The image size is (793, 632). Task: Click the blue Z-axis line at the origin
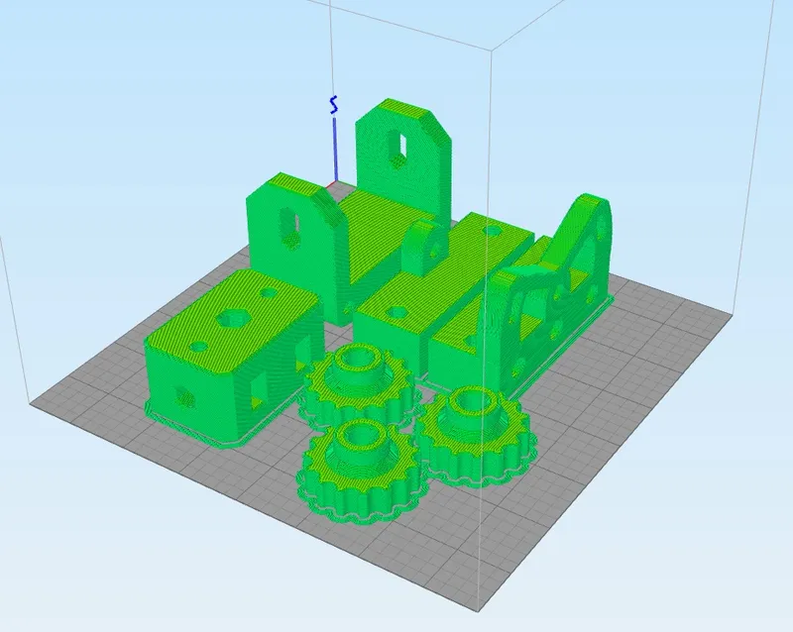[x=335, y=149]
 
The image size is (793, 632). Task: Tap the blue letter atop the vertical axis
[x=335, y=103]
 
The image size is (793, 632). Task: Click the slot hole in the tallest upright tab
[x=401, y=145]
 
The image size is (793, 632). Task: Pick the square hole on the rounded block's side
[x=261, y=385]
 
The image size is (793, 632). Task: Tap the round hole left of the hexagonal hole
[x=199, y=346]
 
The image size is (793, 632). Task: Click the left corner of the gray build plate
[x=33, y=402]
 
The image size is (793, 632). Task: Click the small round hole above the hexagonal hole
[x=269, y=293]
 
